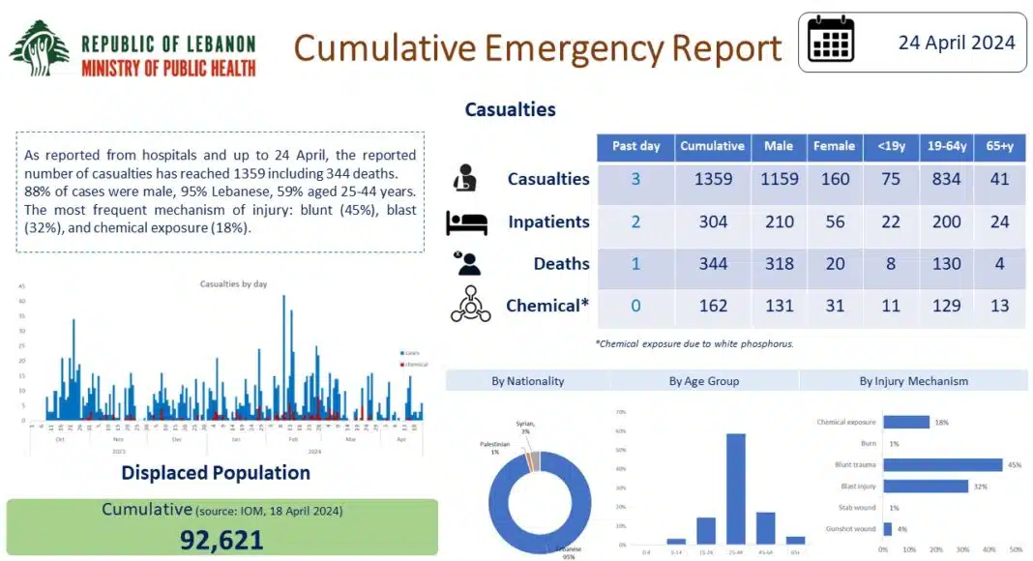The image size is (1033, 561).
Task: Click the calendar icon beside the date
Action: click(831, 41)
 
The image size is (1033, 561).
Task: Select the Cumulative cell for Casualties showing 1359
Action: click(712, 179)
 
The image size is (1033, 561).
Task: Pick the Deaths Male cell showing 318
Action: click(778, 263)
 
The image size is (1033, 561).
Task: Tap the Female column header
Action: click(834, 146)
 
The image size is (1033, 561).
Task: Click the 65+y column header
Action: click(999, 146)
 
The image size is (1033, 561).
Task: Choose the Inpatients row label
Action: click(548, 221)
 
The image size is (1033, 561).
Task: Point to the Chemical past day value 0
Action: click(635, 306)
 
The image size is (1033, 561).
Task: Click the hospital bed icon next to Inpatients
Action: click(465, 222)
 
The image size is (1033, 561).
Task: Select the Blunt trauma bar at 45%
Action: click(942, 465)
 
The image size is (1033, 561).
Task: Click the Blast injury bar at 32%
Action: click(926, 487)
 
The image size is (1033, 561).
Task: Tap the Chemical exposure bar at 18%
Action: click(906, 423)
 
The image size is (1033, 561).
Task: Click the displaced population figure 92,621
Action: click(221, 539)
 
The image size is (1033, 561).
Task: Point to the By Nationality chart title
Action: click(527, 381)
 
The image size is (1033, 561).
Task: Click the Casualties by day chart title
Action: click(233, 284)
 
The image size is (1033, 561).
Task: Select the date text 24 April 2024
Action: click(956, 42)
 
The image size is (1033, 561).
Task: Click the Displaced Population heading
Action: click(216, 473)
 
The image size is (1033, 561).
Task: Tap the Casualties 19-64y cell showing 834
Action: click(946, 179)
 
